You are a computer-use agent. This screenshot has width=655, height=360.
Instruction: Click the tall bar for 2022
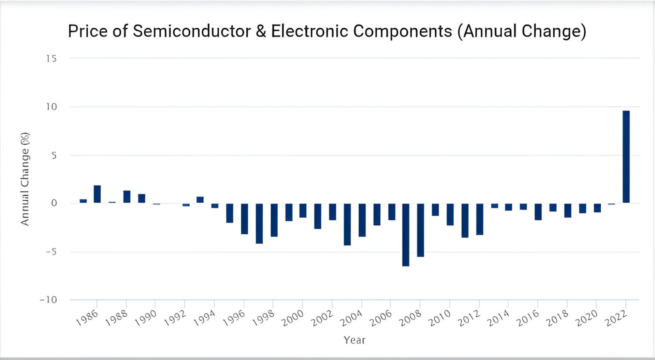626,157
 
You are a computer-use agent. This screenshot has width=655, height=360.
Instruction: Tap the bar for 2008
420,230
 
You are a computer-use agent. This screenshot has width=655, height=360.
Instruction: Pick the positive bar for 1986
97,194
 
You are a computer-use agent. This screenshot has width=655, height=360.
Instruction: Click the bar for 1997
259,224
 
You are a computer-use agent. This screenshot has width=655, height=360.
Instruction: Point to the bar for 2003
347,225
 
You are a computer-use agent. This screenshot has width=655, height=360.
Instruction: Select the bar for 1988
127,197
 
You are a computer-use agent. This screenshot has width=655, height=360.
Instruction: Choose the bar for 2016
538,212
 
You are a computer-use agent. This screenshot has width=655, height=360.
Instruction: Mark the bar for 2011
465,220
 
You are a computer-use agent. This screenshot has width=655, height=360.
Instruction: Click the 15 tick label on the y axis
52,59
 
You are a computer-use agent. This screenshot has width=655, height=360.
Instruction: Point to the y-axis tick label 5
54,156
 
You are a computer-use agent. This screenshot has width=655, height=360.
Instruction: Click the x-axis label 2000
292,318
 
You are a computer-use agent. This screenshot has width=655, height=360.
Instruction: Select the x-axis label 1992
175,318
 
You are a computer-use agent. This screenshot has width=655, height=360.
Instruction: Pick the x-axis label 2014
498,318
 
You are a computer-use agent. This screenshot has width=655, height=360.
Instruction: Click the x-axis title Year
354,340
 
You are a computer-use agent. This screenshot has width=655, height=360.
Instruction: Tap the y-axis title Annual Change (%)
25,179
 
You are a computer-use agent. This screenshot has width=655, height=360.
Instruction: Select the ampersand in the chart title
261,31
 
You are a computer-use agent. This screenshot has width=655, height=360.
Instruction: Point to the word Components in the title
403,31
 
